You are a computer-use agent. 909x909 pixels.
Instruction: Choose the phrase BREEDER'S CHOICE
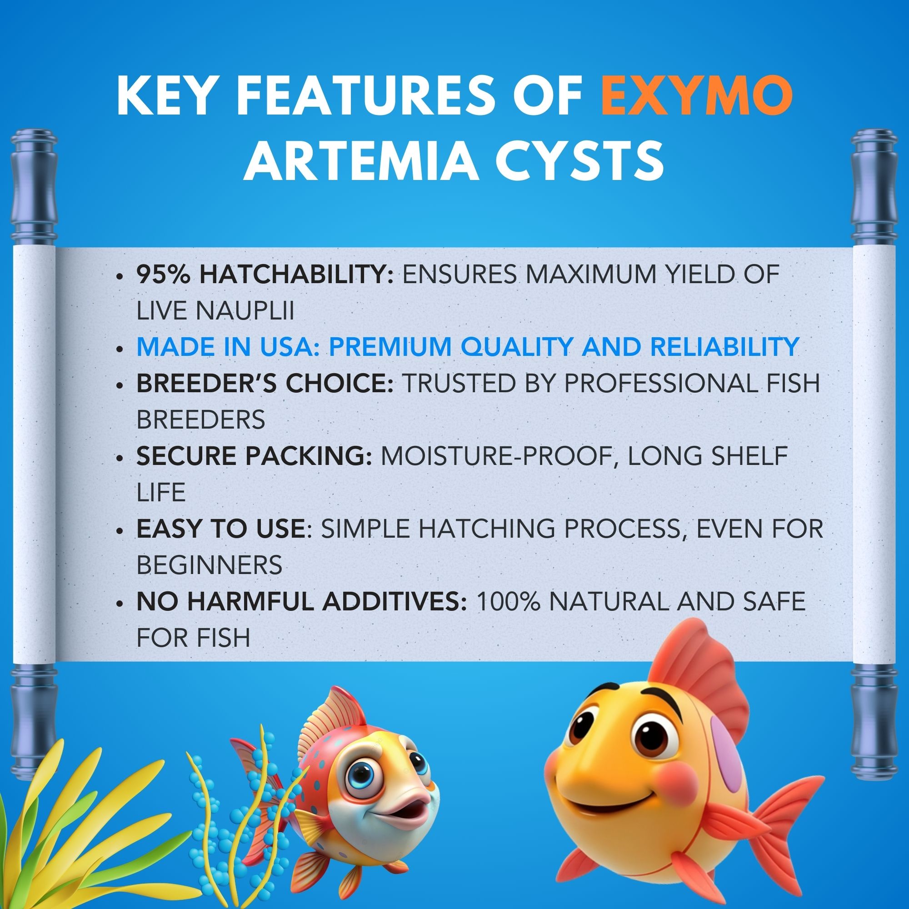pos(265,384)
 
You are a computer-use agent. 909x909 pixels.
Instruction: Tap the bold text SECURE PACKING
pos(254,456)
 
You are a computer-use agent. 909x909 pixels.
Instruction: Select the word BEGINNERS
pos(210,564)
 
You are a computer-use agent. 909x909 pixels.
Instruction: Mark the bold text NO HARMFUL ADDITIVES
pos(302,601)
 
